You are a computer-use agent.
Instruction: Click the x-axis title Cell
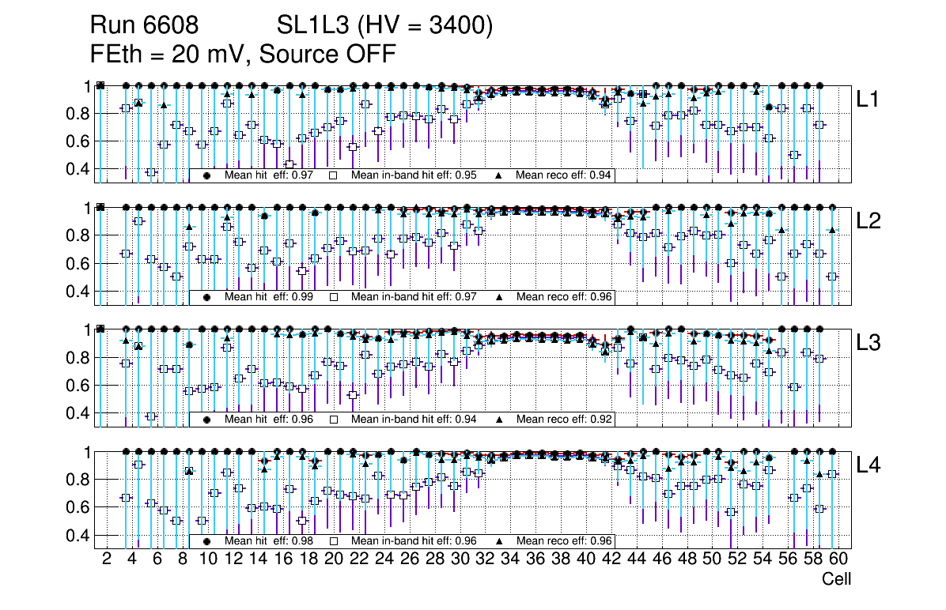coord(836,579)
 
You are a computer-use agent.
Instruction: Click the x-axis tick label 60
coord(838,559)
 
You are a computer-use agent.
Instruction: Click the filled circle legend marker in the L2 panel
coord(207,298)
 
